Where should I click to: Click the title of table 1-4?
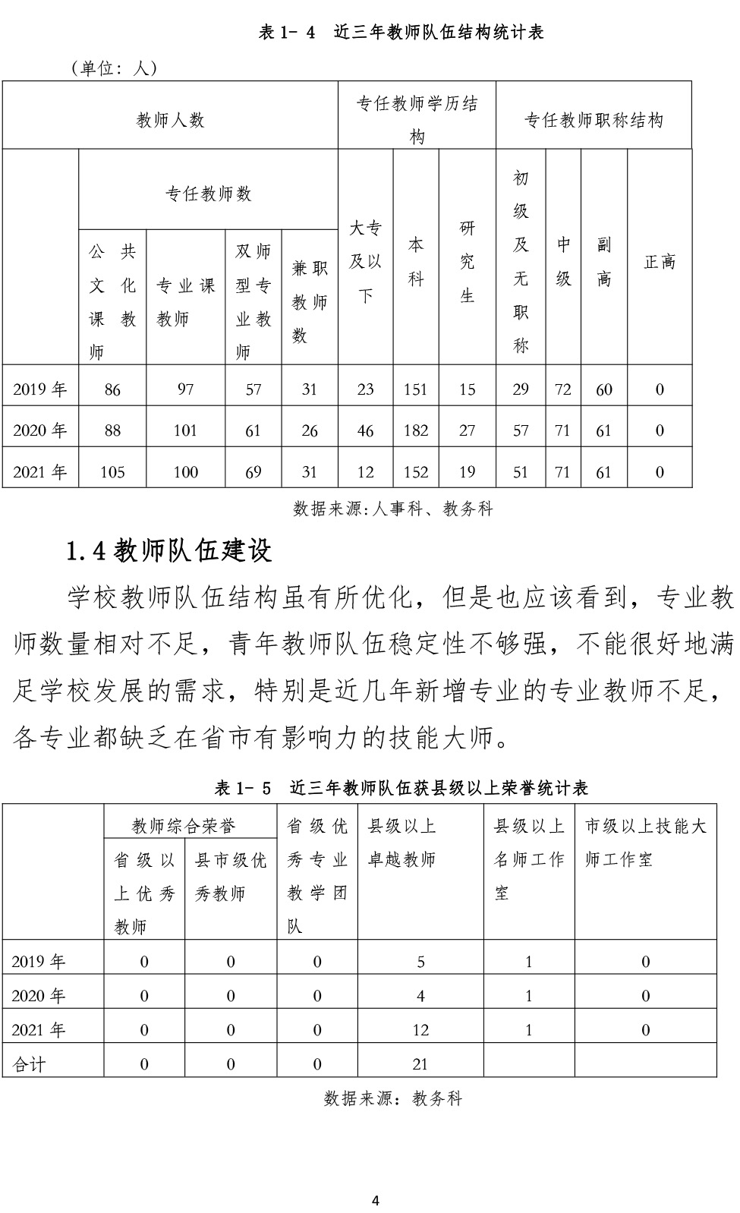[401, 32]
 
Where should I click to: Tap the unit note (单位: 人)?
[114, 68]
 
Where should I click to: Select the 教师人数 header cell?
[170, 120]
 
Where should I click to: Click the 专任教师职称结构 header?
[594, 120]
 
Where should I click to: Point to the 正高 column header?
[659, 262]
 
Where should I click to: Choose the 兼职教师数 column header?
[309, 301]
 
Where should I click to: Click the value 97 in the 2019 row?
[185, 389]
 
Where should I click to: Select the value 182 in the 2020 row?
[416, 430]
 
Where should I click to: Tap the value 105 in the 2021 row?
[112, 472]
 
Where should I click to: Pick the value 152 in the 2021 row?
[416, 472]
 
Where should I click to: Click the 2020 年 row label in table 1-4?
[39, 430]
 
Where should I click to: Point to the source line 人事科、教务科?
[393, 509]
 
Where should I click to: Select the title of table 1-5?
[401, 788]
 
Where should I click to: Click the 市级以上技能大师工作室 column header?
[645, 843]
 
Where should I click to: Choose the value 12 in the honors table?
[420, 1030]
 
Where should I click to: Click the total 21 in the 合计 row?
[420, 1064]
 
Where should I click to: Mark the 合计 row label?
[29, 1064]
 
